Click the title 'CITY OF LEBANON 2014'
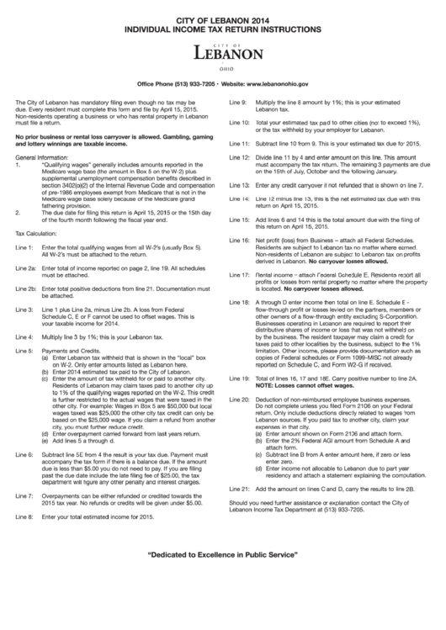click(x=222, y=17)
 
